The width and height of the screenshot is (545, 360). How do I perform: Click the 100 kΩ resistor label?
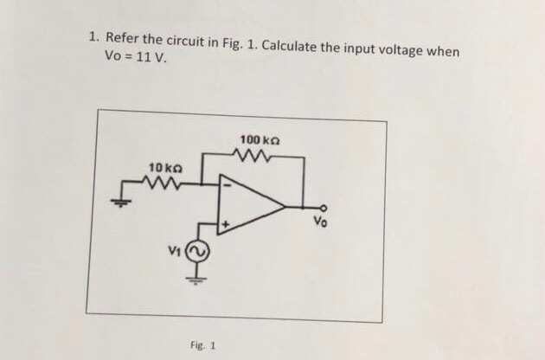pos(260,139)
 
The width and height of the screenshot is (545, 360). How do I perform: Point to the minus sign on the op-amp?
pos(228,183)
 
